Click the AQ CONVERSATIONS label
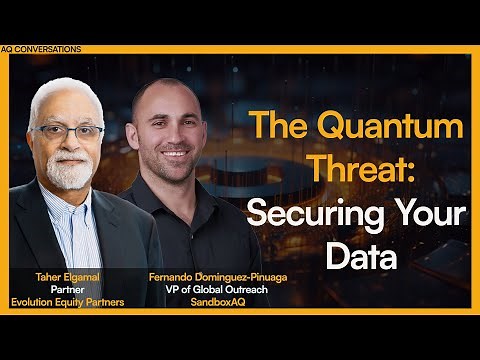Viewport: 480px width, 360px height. coord(42,48)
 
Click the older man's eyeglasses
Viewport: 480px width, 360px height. coord(68,131)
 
